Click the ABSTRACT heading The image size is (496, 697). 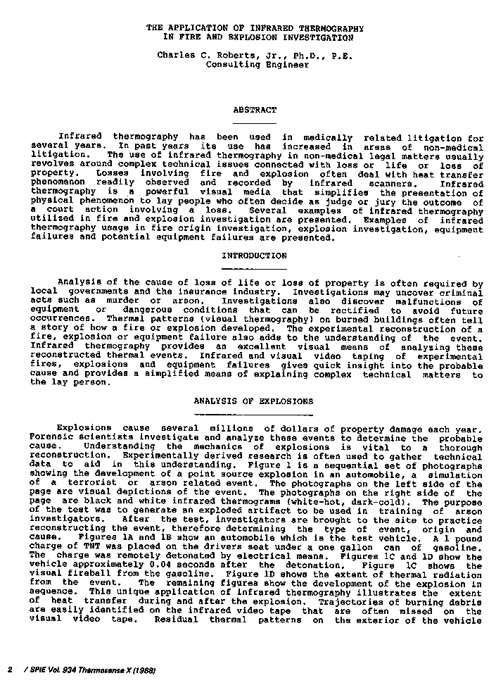coord(255,110)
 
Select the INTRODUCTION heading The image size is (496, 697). coord(255,256)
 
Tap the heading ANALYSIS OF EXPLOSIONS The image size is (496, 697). coord(253,401)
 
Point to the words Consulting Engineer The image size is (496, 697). coord(257,64)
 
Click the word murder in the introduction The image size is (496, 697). coord(103,301)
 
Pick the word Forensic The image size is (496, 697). coord(50,438)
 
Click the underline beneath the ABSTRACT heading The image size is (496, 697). coord(255,123)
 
